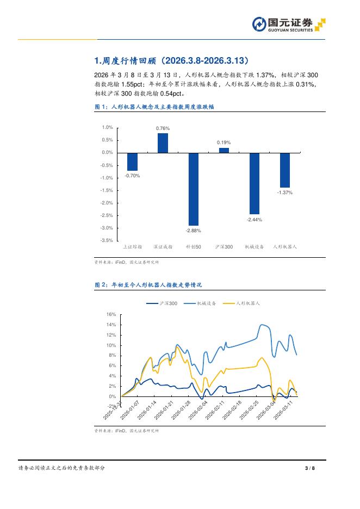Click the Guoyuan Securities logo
(x=289, y=25)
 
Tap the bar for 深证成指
(x=163, y=142)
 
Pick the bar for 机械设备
(x=255, y=183)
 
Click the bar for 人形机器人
(x=284, y=170)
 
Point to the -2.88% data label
(x=193, y=231)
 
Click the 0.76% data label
(x=163, y=128)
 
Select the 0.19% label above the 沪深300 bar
(x=224, y=142)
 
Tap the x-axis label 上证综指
(x=132, y=247)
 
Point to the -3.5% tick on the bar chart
(x=107, y=240)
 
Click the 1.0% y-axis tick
(x=107, y=127)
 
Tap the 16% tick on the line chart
(x=111, y=314)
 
